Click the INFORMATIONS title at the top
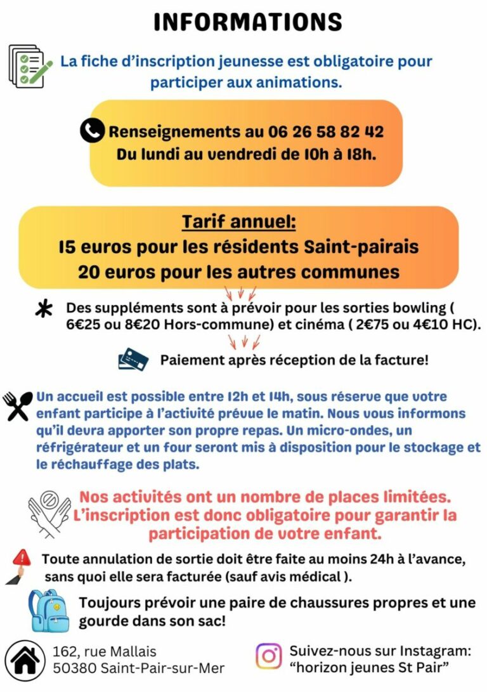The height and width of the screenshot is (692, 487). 248,22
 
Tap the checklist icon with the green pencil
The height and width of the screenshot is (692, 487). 29,66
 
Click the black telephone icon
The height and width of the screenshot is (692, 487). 92,131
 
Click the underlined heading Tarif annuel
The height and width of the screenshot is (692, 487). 239,223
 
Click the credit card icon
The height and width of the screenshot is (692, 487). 133,360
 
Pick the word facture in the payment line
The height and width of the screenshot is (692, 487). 398,360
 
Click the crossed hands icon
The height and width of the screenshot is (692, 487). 49,514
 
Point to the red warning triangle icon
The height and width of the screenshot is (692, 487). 21,558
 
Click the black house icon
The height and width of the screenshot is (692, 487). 25,660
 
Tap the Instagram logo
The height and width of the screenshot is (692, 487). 269,656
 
